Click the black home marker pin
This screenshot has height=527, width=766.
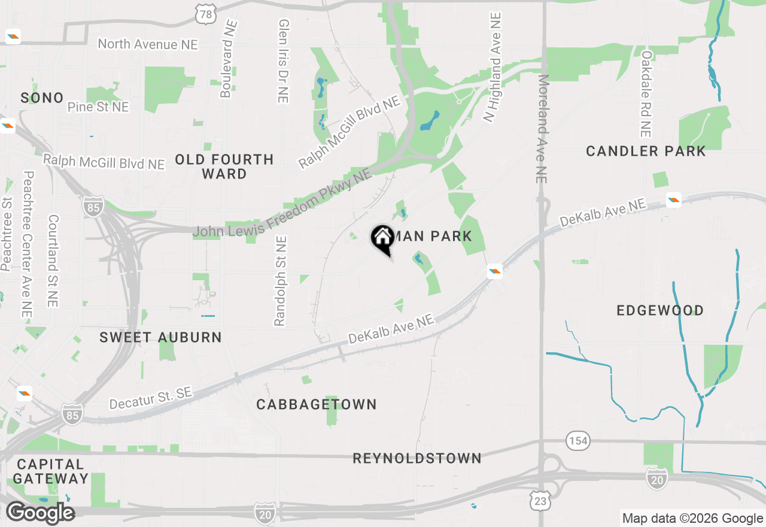pos(382,238)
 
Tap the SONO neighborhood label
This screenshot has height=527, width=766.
pos(42,98)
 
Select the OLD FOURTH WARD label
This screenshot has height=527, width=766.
pos(224,166)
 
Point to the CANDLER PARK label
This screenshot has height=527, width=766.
pos(646,151)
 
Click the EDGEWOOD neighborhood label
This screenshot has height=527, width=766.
pos(660,310)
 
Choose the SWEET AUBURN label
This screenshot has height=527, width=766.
pos(160,337)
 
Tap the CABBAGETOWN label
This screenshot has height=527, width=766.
pos(317,404)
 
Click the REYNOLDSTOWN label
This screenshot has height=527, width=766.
pos(417,458)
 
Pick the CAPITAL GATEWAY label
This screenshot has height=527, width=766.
pos(51,471)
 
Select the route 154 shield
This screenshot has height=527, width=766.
pos(578,441)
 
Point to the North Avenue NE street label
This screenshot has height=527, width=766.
pos(147,44)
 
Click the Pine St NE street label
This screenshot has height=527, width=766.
pos(98,107)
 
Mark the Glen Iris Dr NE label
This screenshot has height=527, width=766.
pos(284,60)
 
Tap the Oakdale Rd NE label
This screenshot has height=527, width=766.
pos(646,93)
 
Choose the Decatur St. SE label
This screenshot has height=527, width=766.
pos(151,398)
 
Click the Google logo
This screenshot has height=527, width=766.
pos(40,513)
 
